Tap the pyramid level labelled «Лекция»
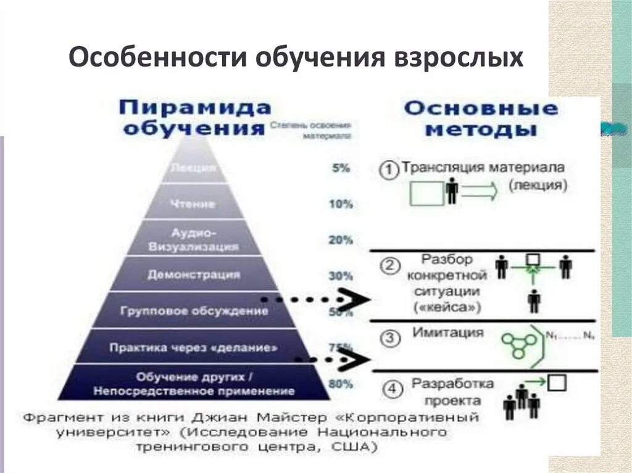[x=194, y=167]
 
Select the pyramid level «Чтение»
[x=194, y=203]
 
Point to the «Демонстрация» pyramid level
[x=194, y=275]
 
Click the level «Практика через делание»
[x=193, y=347]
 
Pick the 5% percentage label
[x=340, y=167]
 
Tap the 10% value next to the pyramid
[x=340, y=204]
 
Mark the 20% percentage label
[x=340, y=240]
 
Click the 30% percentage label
[x=340, y=276]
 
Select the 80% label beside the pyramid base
[x=340, y=384]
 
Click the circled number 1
[x=388, y=170]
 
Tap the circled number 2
[x=389, y=266]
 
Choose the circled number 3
[x=389, y=338]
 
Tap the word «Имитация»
[x=439, y=333]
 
